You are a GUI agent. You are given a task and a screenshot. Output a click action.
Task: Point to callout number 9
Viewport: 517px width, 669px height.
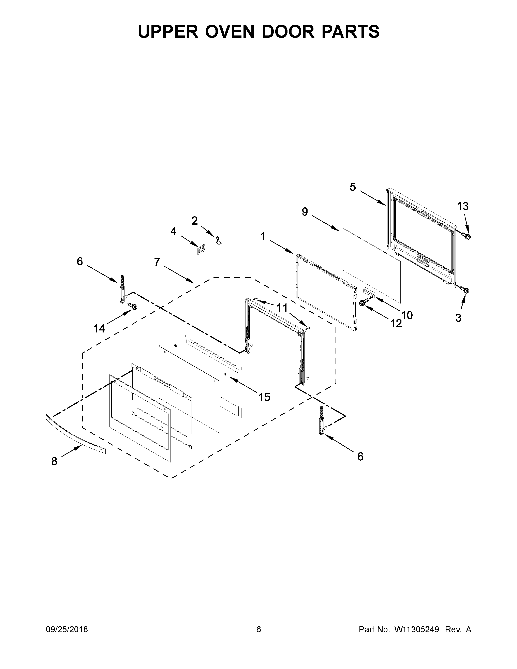305,212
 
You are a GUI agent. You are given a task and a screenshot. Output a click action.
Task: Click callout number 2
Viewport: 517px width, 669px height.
194,221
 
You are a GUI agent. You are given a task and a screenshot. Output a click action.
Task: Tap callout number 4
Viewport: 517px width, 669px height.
173,231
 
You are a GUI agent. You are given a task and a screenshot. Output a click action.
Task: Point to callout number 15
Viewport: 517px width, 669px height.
264,397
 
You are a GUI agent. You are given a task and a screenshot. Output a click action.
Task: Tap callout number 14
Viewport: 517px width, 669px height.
99,329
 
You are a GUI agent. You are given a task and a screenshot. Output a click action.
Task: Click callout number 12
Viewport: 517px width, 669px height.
396,323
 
